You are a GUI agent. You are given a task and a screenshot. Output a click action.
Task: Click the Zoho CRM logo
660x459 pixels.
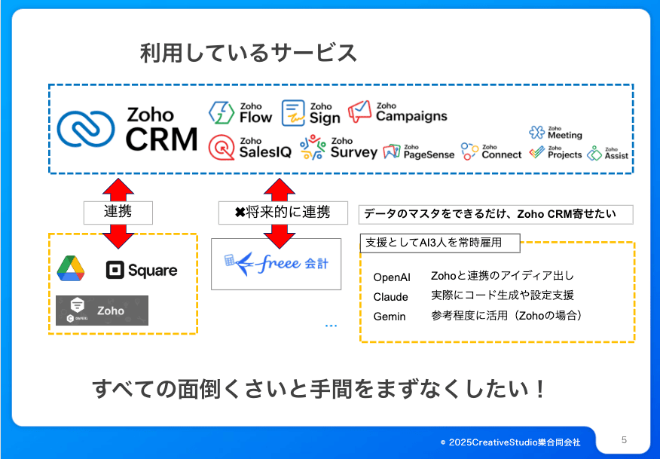point(127,129)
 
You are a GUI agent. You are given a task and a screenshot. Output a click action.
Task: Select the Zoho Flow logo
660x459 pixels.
point(240,113)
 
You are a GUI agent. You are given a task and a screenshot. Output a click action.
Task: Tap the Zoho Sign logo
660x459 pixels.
point(310,113)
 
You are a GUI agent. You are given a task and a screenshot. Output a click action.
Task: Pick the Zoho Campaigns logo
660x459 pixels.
point(398,112)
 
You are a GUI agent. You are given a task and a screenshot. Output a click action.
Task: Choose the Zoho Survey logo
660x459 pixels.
point(338,148)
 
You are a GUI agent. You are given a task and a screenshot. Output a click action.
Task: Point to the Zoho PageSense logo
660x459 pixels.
point(418,152)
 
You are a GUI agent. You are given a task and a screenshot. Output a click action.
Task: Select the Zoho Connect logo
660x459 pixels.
point(491,151)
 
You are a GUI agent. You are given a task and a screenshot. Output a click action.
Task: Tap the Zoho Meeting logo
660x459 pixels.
point(555,133)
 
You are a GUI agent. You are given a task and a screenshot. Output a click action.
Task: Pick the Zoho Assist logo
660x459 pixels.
point(608,153)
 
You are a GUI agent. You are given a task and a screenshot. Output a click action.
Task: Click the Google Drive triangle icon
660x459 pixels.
point(70,269)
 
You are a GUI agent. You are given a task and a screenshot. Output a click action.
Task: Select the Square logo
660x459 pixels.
point(142,270)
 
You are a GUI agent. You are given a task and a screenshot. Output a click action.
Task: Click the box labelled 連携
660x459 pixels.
point(118,212)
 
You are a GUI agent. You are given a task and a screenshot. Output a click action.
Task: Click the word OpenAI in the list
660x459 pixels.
point(392,277)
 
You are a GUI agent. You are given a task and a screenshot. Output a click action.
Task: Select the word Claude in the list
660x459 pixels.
point(390,297)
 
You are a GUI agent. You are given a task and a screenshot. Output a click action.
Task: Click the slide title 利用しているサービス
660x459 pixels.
point(249,54)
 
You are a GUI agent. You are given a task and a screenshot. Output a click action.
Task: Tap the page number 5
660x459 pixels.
point(624,439)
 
